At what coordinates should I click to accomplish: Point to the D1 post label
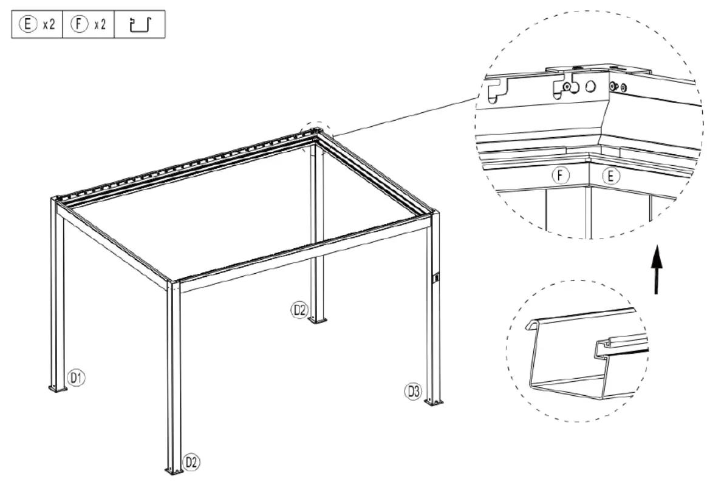[75, 378]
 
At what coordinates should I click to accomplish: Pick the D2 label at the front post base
[191, 463]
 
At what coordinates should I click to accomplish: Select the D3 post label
[413, 392]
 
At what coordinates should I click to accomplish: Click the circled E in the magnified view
[611, 176]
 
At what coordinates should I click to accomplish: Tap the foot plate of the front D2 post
[174, 470]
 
